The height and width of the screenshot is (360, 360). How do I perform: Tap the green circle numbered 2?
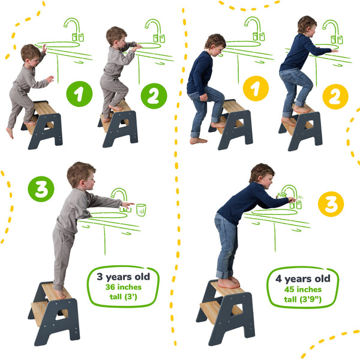point(153,96)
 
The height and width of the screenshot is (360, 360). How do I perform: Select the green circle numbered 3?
point(41,188)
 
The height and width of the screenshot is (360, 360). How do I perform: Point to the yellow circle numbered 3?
point(334,204)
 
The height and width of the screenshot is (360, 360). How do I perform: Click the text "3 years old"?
point(123,277)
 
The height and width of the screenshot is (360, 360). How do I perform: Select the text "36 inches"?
point(123,287)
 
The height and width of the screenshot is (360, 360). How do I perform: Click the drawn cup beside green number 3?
point(141,209)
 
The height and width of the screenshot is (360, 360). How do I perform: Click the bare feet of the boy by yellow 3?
point(228,282)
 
